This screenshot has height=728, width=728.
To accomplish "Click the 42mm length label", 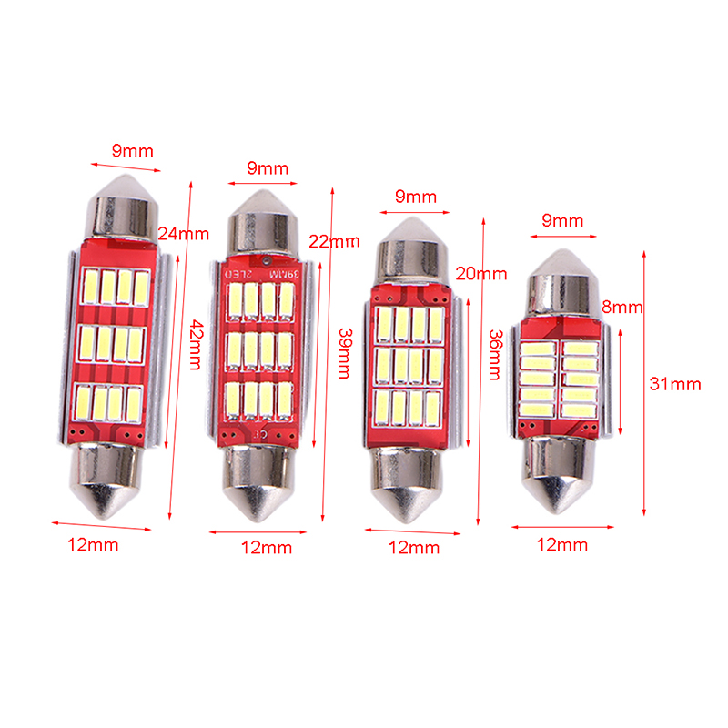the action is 197,344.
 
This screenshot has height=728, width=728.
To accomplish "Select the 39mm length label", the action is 346,353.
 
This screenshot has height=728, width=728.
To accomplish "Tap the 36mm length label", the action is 496,355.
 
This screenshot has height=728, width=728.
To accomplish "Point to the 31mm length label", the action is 675,384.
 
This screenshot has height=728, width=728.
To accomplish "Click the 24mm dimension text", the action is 184,234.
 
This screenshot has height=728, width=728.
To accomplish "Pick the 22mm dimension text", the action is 334,241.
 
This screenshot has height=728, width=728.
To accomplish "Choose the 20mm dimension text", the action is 481,274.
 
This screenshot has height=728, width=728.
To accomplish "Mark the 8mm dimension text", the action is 622,307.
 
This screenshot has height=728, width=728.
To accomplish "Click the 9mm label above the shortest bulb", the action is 562,220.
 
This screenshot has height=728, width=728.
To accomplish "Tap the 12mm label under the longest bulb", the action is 93,544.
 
